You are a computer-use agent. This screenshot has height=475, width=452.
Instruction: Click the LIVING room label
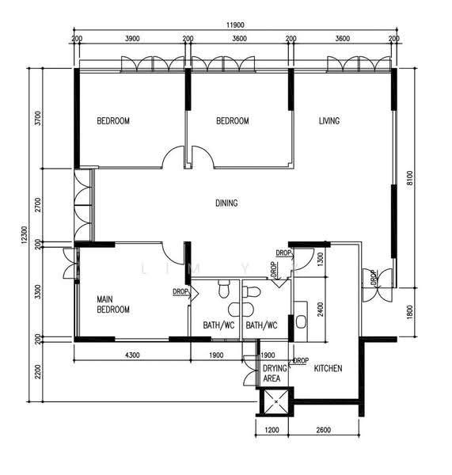[329, 121]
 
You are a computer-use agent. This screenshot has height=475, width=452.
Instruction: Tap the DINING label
[226, 203]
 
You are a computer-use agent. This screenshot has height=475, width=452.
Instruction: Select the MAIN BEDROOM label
[113, 305]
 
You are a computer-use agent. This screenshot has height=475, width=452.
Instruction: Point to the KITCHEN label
[328, 368]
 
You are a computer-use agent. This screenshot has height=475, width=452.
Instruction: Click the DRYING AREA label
[275, 373]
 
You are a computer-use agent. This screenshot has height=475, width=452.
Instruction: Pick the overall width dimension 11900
[235, 25]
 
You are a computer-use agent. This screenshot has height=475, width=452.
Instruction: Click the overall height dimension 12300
[25, 235]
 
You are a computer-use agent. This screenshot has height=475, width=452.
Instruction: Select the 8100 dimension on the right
[409, 180]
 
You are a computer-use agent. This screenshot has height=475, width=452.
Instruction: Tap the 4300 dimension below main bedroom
[132, 355]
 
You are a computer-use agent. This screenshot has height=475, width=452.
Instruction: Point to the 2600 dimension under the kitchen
[323, 430]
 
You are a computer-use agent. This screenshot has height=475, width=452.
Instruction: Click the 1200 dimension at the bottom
[272, 430]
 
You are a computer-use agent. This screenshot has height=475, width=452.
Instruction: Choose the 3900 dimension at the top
[132, 39]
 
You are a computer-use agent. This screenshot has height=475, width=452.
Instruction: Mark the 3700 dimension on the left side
[37, 118]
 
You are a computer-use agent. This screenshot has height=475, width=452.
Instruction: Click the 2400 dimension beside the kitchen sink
[321, 309]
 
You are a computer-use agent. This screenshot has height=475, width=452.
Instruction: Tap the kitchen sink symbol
[301, 321]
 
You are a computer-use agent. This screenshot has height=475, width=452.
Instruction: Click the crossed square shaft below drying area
[276, 401]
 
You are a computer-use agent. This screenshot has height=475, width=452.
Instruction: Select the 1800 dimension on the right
[409, 312]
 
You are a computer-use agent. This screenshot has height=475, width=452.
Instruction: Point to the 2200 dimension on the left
[37, 371]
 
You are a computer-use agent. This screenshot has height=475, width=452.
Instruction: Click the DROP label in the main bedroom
[180, 291]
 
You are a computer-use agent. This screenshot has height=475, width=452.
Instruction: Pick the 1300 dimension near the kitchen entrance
[321, 260]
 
